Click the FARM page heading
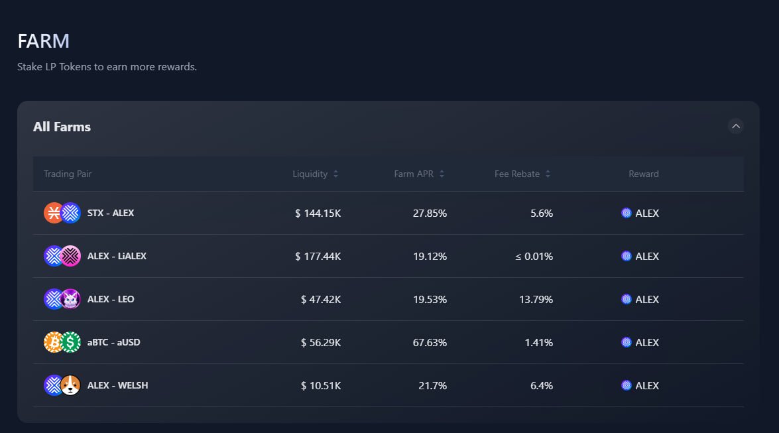[43, 41]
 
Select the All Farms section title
[62, 127]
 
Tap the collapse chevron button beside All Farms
[735, 126]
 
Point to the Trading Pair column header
[68, 174]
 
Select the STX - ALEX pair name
[111, 213]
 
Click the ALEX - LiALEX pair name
[117, 256]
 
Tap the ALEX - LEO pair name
[111, 299]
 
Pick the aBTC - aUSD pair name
[113, 342]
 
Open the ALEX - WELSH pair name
[117, 385]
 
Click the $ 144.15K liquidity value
[318, 213]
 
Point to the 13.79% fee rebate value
[536, 299]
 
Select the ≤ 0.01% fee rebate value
[534, 256]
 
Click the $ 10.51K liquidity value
[321, 385]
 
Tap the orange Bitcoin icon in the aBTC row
[54, 342]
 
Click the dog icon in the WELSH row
[70, 385]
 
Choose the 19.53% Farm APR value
[430, 299]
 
